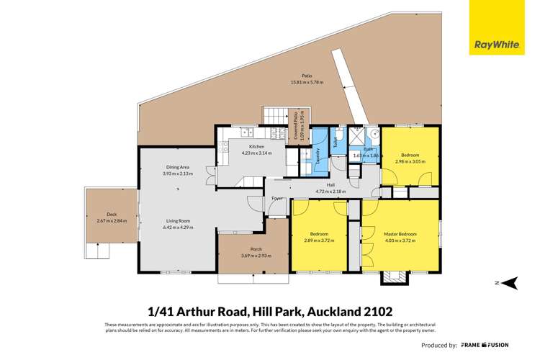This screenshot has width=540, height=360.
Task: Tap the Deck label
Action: pos(111,215)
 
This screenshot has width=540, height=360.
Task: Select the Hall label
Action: pos(331,185)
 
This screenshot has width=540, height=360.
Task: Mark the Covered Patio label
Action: pos(295,125)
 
